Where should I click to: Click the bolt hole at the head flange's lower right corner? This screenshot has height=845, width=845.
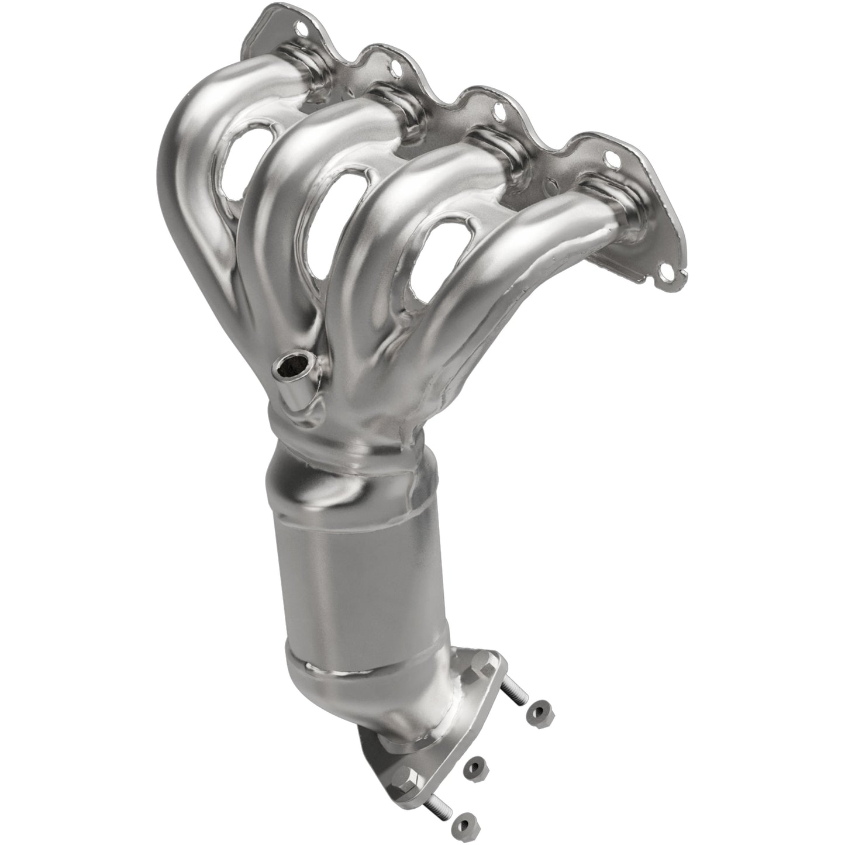tap(665, 270)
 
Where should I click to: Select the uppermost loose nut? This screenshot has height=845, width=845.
tap(539, 710)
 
